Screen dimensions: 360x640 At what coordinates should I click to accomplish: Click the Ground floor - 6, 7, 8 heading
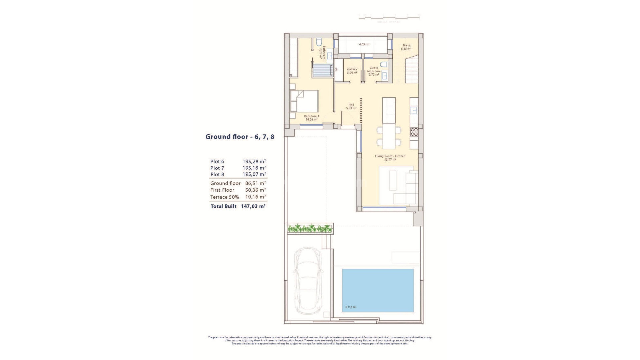click(240, 137)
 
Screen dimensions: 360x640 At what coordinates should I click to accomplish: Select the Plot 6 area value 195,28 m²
click(254, 162)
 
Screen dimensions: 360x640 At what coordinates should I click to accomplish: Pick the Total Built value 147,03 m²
click(253, 206)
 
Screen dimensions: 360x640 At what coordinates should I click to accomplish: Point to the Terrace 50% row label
click(224, 197)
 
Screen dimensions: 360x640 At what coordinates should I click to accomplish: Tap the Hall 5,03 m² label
click(351, 107)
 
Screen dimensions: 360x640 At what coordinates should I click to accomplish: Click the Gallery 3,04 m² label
click(352, 71)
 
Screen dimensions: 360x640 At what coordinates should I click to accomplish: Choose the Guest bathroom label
click(374, 71)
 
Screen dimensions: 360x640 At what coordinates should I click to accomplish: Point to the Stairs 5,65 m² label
click(406, 47)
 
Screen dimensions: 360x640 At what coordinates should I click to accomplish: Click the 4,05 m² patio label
click(364, 44)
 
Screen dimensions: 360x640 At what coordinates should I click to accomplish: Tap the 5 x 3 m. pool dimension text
click(351, 307)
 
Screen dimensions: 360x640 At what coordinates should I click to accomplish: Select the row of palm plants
click(310, 229)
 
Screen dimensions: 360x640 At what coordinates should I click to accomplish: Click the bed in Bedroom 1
click(304, 101)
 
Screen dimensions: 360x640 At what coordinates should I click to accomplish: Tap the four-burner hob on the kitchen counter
click(414, 132)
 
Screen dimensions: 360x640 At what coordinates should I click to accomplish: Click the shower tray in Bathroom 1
click(321, 70)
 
